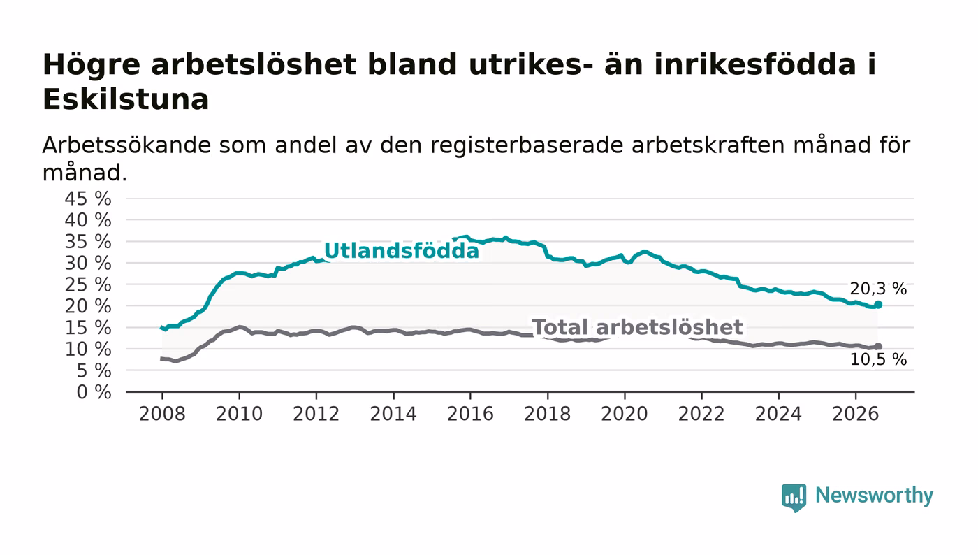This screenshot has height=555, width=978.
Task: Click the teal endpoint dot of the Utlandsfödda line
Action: pyautogui.click(x=878, y=305)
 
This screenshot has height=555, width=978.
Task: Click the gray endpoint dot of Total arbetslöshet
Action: pyautogui.click(x=878, y=347)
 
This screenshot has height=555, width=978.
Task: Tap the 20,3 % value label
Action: pyautogui.click(x=878, y=289)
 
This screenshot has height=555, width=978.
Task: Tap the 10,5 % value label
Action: pyautogui.click(x=878, y=360)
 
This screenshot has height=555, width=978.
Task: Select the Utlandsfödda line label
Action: pyautogui.click(x=401, y=251)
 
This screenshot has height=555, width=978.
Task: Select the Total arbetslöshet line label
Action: pyautogui.click(x=637, y=327)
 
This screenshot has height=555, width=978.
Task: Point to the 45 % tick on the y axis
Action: pyautogui.click(x=88, y=199)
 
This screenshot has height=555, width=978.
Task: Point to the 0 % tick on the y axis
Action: pyautogui.click(x=94, y=392)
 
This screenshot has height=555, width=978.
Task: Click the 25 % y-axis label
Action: pyautogui.click(x=88, y=285)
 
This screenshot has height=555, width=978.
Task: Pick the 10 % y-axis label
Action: pyautogui.click(x=88, y=349)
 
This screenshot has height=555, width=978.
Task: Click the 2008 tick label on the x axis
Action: pyautogui.click(x=162, y=414)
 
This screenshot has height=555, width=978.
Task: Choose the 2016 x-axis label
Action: pyautogui.click(x=470, y=414)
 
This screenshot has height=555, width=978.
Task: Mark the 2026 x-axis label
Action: pyautogui.click(x=855, y=414)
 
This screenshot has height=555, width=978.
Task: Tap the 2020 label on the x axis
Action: pyautogui.click(x=625, y=414)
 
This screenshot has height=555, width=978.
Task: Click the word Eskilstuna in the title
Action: pyautogui.click(x=126, y=99)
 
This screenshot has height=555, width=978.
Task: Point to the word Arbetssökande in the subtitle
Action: pyautogui.click(x=126, y=145)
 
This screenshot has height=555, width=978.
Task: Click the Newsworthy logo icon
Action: pyautogui.click(x=794, y=497)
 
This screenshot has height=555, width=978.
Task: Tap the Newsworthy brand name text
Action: pyautogui.click(x=874, y=496)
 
